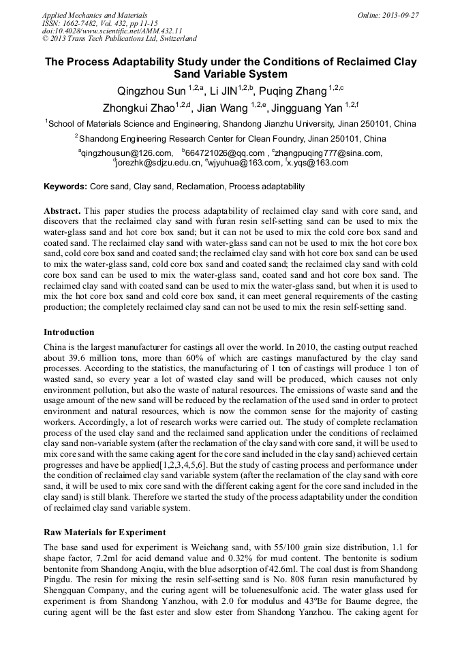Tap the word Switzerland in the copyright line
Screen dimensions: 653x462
coord(174,39)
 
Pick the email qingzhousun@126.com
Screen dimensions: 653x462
coord(127,153)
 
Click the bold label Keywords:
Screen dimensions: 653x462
coord(65,187)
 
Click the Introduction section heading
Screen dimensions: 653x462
coord(69,332)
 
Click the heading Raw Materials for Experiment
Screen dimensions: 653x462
coord(104,532)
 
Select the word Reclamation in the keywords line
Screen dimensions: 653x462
coord(200,187)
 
